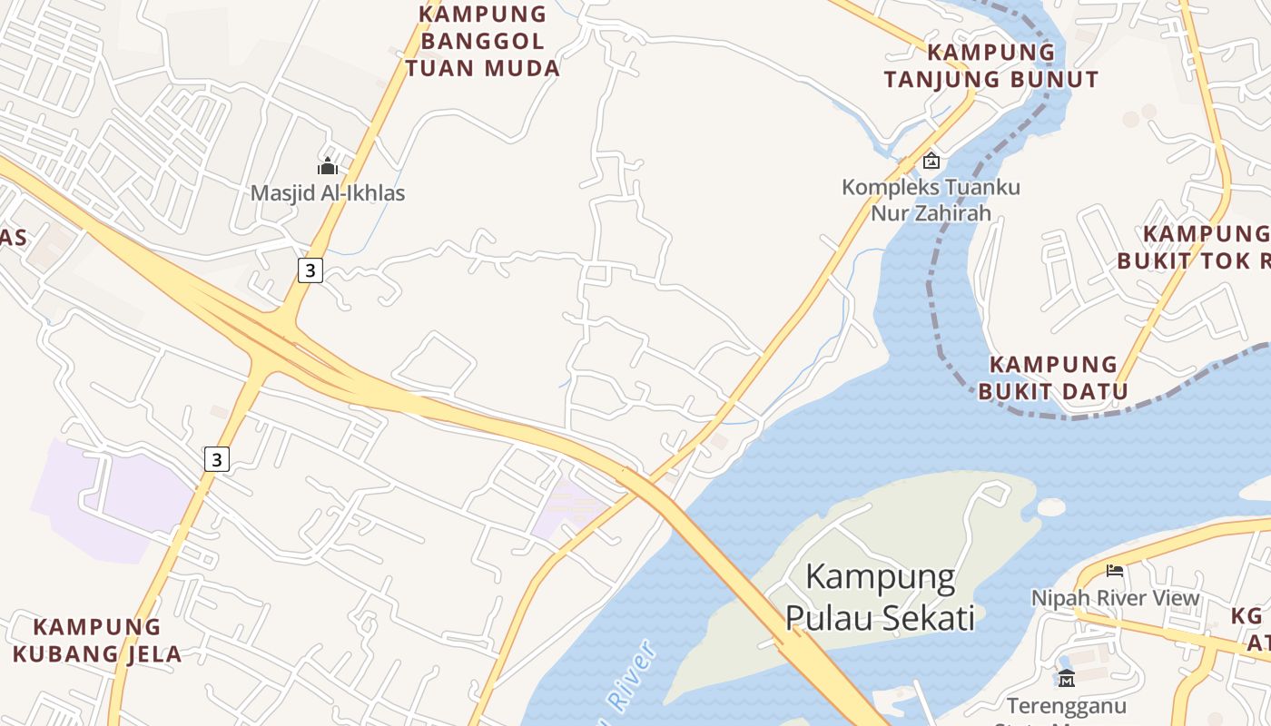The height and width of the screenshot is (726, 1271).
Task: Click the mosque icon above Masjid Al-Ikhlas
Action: (328, 166)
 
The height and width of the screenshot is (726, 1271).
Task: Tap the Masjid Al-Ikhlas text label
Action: (328, 193)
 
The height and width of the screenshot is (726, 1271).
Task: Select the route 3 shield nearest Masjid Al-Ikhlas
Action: (310, 270)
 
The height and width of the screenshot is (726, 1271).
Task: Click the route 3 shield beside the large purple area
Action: (216, 459)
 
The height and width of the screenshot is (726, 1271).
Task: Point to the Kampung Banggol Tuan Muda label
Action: (483, 41)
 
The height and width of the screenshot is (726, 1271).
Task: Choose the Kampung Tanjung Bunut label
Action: (991, 65)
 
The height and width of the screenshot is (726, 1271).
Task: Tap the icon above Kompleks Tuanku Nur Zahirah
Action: (931, 162)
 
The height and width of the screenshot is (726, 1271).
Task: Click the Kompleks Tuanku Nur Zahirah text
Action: (931, 201)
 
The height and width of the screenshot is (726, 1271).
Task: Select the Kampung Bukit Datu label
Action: (1053, 378)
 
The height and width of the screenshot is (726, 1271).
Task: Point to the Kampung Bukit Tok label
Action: (1194, 248)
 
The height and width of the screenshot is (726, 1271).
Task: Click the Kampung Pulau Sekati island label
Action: (880, 597)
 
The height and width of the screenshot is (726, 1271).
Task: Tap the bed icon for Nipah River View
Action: (1115, 571)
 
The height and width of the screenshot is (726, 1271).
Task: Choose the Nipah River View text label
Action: (1115, 598)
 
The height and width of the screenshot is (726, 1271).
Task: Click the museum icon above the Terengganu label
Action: (1067, 677)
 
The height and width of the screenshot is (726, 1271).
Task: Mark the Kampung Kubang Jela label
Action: (97, 640)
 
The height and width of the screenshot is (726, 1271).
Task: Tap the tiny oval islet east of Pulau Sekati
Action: (1050, 507)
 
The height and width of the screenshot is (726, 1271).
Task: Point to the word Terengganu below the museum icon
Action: (1067, 705)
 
